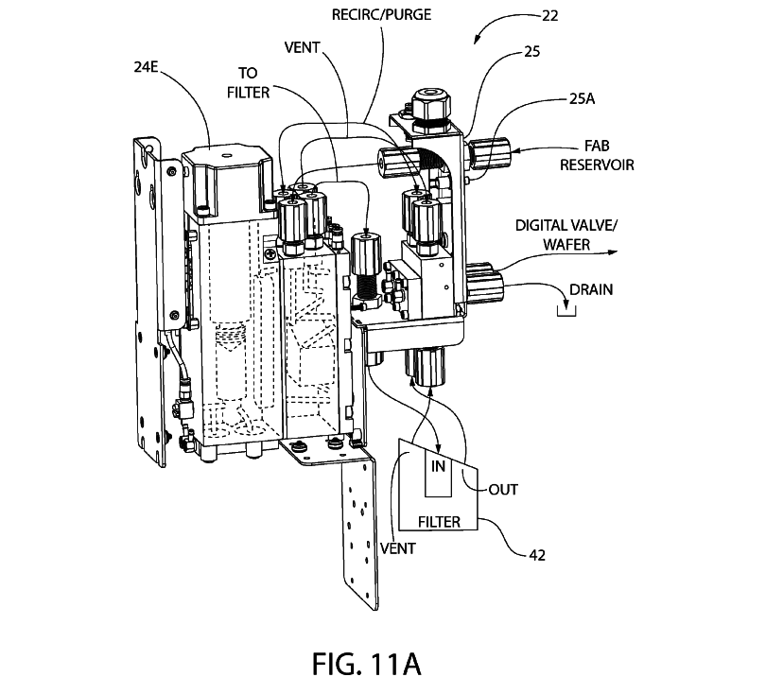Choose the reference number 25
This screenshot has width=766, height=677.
click(x=531, y=53)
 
